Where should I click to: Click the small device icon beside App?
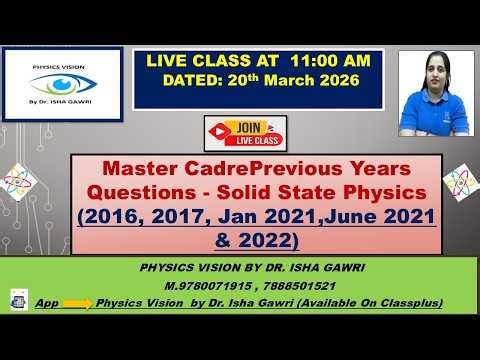(x=18, y=298)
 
